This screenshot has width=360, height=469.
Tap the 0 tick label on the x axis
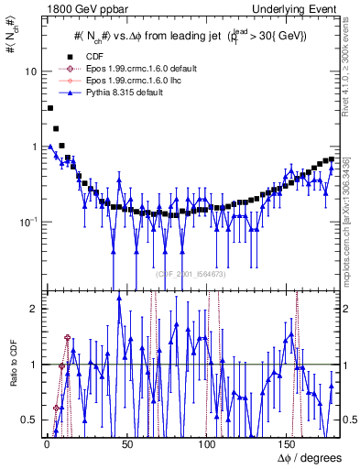pos(46,444)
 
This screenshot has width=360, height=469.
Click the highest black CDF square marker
pos(50,108)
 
